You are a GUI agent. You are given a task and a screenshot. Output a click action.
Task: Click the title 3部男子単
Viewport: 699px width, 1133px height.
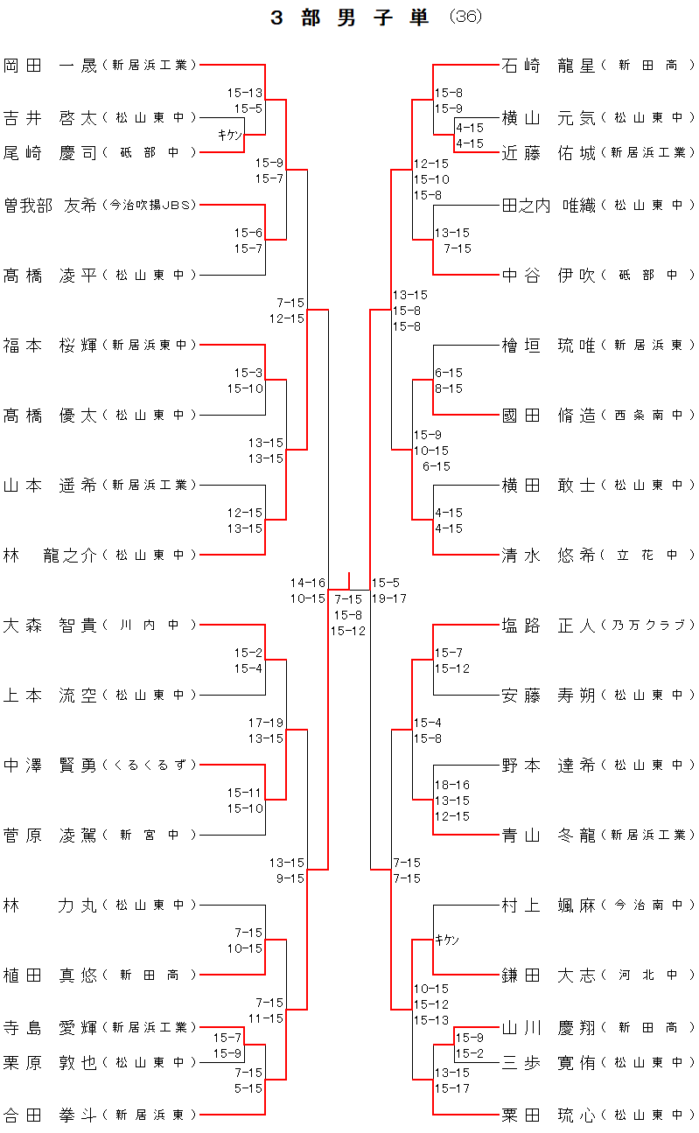pos(350,18)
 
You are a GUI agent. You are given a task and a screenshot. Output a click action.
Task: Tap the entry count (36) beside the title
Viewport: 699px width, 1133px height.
pos(465,18)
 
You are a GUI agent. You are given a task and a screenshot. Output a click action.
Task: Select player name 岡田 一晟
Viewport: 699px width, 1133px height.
pos(50,65)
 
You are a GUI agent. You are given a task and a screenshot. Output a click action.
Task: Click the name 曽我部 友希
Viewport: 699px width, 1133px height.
pos(50,205)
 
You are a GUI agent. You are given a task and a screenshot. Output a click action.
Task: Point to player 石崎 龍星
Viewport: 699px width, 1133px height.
pos(549,65)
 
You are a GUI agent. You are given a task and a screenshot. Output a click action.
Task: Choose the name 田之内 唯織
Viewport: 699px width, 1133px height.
pos(549,205)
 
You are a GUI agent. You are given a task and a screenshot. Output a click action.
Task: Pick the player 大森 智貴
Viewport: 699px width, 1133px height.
pos(50,625)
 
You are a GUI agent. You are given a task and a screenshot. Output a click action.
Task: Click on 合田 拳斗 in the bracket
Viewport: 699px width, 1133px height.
pos(50,1115)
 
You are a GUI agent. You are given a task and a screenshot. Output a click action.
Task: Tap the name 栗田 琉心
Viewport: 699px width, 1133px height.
pos(549,1115)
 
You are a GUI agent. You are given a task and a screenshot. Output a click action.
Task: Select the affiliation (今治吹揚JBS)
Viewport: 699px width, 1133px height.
pos(149,205)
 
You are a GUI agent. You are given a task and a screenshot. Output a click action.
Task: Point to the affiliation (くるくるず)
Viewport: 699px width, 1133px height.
pos(149,765)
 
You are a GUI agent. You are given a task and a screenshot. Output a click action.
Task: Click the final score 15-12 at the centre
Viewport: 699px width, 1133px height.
pos(348,630)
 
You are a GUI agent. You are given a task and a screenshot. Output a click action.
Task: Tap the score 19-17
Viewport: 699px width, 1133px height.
pos(389,598)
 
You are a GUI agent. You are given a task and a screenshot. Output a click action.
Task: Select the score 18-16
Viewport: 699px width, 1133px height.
pos(451,785)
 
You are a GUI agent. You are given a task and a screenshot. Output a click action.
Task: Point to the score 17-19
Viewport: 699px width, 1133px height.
pos(266,723)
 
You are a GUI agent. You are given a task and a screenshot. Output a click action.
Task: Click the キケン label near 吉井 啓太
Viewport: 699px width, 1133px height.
pos(229,134)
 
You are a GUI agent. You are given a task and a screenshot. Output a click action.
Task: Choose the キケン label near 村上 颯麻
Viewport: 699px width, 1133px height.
pos(447,940)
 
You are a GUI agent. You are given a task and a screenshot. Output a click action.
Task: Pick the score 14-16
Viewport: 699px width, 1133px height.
pos(308,583)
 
